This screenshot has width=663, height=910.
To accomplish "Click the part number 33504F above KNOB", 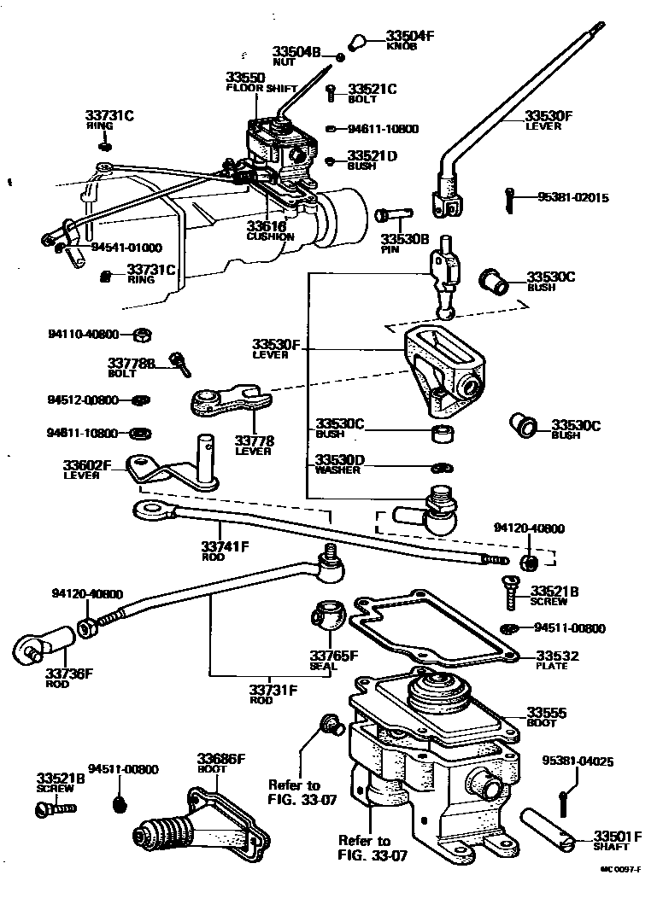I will coord(410,36).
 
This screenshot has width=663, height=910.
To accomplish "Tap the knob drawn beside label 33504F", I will coord(360,41).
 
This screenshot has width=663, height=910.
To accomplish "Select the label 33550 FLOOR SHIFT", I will coord(245,77).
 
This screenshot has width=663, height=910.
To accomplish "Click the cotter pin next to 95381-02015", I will coord(510,201).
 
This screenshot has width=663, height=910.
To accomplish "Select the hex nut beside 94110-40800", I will coord(144,334).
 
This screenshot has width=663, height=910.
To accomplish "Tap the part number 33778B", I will coord(132,364).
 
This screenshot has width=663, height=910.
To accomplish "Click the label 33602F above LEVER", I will coord(87,465).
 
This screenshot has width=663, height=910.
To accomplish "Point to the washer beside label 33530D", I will coord(442,467).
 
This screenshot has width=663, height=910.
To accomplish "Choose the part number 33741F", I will coord(225,546).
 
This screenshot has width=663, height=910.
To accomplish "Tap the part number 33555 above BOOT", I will coord(547,712).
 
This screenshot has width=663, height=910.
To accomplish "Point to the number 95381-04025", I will coord(578,761).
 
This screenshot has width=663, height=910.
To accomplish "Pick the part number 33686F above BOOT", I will coord(221,758).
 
